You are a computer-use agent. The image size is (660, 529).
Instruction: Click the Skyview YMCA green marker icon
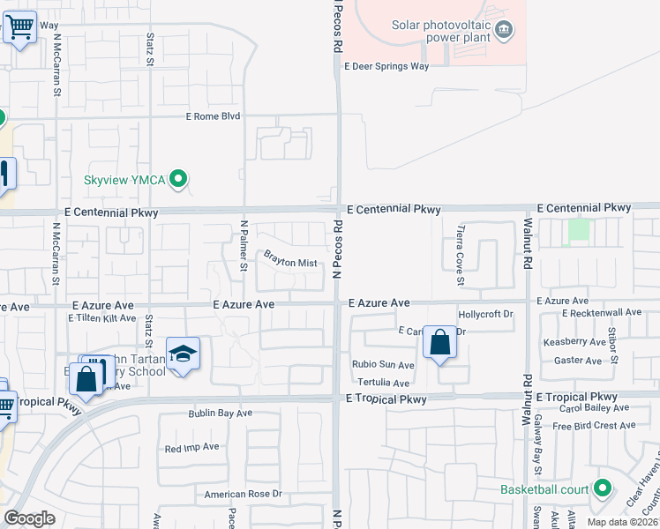point(179,180)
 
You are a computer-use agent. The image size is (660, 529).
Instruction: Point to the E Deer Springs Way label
point(386,66)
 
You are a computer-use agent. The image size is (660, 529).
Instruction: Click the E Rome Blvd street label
point(214,116)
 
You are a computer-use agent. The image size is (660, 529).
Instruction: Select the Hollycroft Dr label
point(486,314)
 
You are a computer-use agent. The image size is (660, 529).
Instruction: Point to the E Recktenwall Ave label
point(601,313)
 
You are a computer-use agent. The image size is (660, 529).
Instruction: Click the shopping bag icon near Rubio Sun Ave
point(439,341)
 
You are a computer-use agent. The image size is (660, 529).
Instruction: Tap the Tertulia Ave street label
point(384,383)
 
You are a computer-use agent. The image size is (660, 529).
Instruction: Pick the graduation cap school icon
point(183,354)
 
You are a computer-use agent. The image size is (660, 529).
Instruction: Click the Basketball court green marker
point(603,488)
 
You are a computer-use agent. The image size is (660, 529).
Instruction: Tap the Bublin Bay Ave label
point(220,413)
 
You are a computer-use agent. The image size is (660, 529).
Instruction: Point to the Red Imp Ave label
point(191,448)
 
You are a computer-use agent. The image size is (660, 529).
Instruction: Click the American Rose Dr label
point(243,495)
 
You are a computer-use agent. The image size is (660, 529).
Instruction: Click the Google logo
point(29,518)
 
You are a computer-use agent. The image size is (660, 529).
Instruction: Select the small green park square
point(579,229)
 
